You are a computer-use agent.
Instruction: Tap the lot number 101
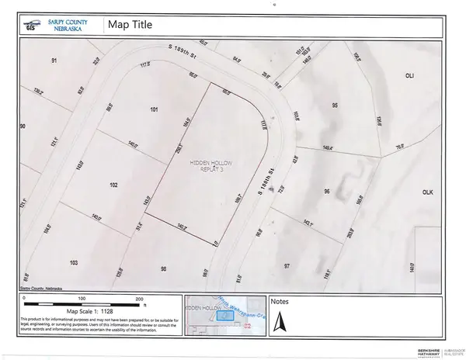[154, 109]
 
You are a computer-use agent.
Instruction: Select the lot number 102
[113, 185]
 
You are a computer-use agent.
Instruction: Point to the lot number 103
[73, 263]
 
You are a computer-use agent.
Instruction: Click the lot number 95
[336, 105]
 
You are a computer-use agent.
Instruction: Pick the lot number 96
[327, 191]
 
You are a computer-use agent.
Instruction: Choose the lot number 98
[164, 268]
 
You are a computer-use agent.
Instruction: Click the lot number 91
[54, 61]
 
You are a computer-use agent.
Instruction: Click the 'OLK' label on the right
[426, 191]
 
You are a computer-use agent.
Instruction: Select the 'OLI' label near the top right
[411, 76]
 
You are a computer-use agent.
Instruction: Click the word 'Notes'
[279, 300]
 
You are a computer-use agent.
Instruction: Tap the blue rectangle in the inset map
[225, 315]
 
